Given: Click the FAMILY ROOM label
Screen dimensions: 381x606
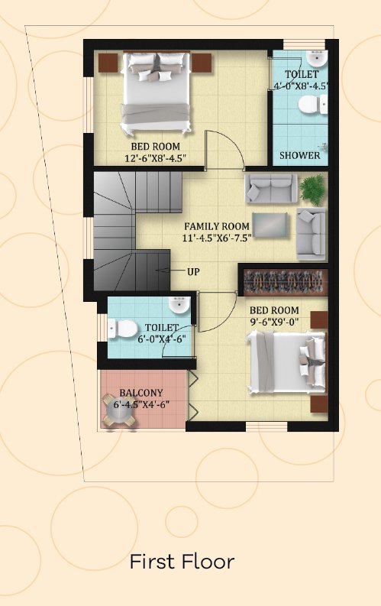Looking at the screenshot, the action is point(217,226).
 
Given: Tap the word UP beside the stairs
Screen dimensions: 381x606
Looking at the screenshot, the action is point(193,272).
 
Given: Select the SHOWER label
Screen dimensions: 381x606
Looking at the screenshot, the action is point(300,155).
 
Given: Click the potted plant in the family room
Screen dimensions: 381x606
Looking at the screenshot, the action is point(313,190).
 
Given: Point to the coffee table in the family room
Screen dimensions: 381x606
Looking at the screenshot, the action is point(270,225).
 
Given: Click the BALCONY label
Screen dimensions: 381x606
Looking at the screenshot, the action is point(141,393).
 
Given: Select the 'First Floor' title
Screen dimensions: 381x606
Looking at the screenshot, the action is point(182,562).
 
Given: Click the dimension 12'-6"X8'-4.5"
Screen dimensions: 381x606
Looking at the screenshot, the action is point(156,157).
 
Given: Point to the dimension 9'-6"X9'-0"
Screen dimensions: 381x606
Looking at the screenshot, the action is point(274,322).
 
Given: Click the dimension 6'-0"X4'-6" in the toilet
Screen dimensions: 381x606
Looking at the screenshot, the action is point(162,339).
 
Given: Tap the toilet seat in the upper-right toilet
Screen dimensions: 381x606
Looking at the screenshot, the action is point(312,105).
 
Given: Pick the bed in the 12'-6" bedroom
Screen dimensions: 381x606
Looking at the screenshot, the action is point(156,92).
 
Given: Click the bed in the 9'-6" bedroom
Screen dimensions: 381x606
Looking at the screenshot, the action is point(286,362).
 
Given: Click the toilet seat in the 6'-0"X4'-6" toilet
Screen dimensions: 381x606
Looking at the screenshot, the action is point(123,329).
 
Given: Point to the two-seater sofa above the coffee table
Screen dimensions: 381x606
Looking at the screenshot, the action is point(271,188).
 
